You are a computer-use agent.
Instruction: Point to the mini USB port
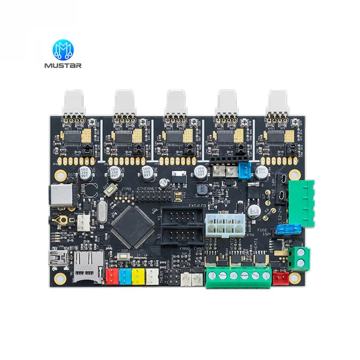click(x=59, y=260)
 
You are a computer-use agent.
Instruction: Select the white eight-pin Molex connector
click(x=225, y=224)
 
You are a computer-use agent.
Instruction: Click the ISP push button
click(x=125, y=257)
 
